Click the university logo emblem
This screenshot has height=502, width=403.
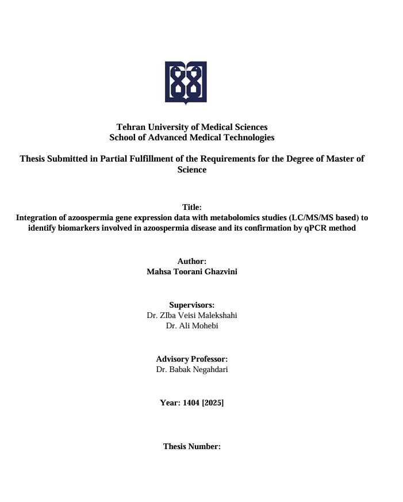point(186,82)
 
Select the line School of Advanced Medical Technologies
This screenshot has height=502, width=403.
point(191,137)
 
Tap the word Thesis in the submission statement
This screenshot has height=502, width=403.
point(34,159)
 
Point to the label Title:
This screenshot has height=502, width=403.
point(191,207)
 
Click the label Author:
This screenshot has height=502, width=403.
point(191,261)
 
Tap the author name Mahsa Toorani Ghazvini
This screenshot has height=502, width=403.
point(191,271)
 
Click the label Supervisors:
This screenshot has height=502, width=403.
point(191,305)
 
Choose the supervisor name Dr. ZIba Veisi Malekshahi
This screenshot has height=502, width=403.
point(191,315)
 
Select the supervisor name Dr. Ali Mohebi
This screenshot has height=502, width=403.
point(191,325)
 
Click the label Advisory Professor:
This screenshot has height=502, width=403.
point(191,359)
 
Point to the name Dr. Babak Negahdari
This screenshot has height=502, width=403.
point(191,369)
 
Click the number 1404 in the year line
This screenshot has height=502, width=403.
point(191,403)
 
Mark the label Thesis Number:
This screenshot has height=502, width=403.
point(191,446)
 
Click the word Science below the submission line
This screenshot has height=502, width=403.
point(191,170)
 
